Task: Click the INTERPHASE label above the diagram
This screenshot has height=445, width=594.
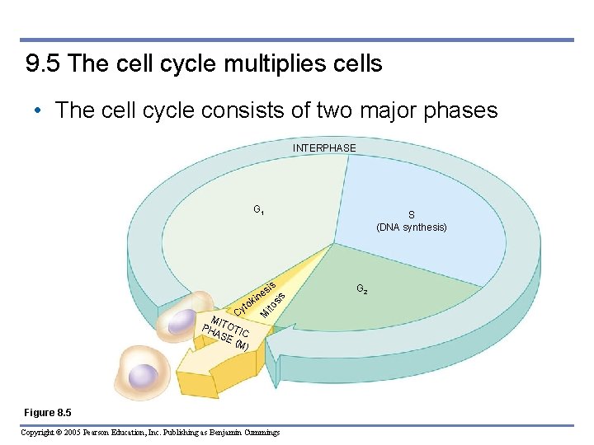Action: [x=324, y=148]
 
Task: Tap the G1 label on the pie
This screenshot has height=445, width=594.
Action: [x=259, y=209]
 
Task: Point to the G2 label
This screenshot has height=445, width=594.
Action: [x=362, y=289]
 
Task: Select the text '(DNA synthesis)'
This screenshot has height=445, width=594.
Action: [x=411, y=227]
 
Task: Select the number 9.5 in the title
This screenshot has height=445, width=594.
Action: [x=44, y=64]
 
